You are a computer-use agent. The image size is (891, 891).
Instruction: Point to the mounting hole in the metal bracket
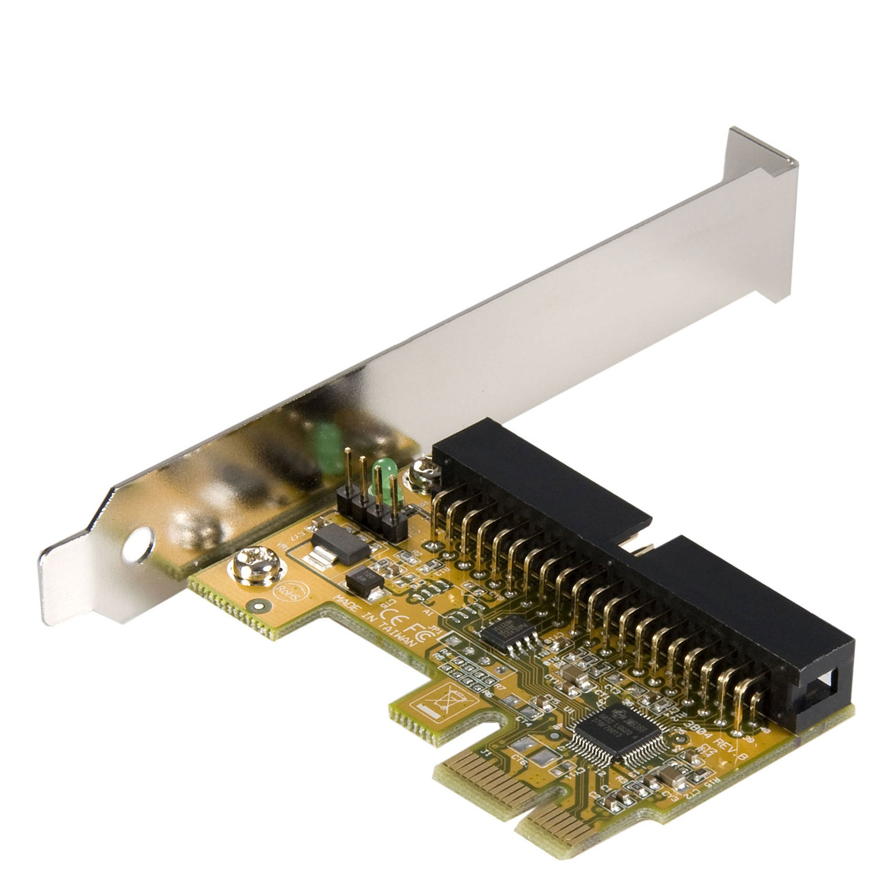(x=139, y=545)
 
